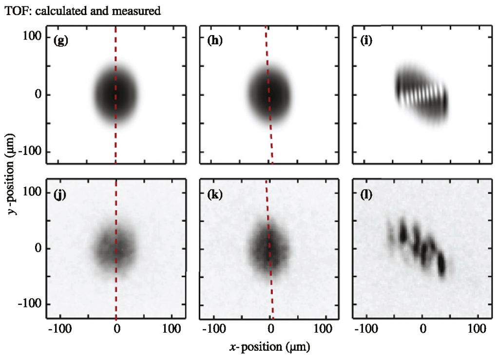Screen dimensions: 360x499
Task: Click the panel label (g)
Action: pos(61,41)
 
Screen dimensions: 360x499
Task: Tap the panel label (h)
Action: pos(215,41)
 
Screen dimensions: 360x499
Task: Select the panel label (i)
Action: pos(366,41)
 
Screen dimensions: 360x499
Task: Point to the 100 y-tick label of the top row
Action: pos(32,37)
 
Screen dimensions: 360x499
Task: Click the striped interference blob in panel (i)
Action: pos(421,95)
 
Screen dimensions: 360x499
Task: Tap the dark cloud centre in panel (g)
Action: pos(115,94)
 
